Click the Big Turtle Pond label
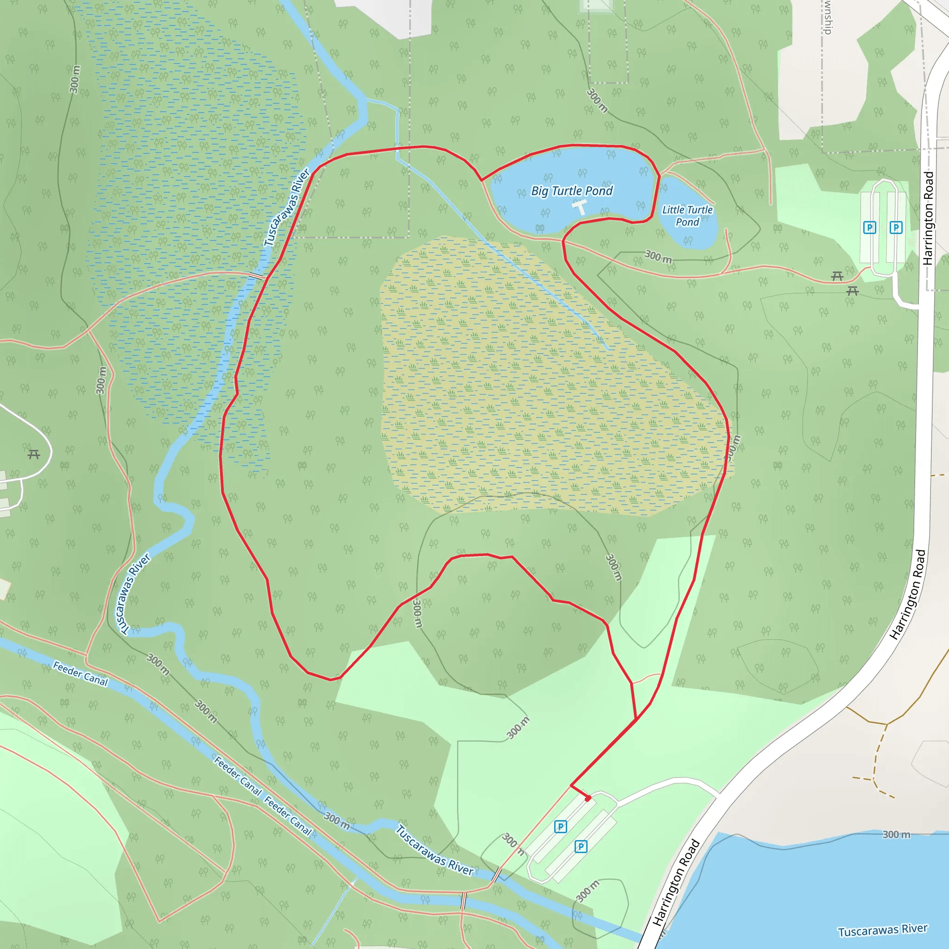(572, 190)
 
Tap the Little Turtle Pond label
(687, 215)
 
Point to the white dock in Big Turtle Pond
(580, 207)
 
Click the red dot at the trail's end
(588, 798)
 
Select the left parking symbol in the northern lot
(869, 228)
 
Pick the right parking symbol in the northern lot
(896, 228)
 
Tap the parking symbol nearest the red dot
(561, 827)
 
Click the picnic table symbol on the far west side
(34, 455)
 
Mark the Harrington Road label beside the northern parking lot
(928, 218)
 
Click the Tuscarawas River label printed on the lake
(883, 930)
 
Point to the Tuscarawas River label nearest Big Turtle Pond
(287, 207)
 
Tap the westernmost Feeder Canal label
(80, 673)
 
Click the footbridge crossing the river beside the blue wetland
(256, 276)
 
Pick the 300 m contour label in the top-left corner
(74, 79)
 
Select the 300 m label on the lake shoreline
(897, 835)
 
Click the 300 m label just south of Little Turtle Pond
(658, 256)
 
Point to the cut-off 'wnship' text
(828, 17)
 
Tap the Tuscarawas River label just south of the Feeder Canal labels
(435, 851)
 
